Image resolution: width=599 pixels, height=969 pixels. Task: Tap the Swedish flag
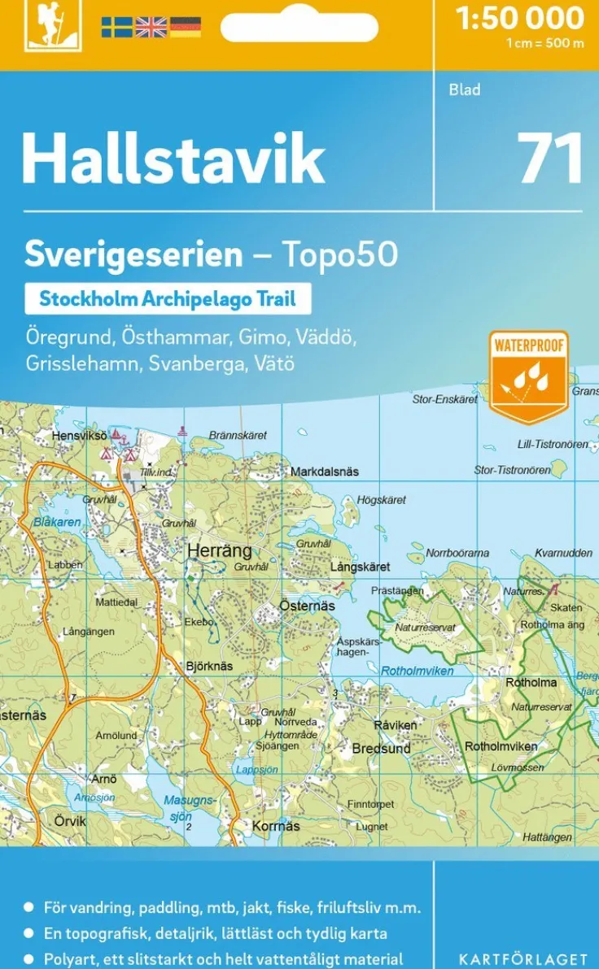point(116,28)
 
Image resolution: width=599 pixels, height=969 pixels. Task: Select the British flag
point(151,28)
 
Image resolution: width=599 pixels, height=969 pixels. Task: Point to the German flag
point(185,28)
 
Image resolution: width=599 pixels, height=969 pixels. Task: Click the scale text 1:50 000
point(520,18)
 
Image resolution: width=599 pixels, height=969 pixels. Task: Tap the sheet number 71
point(550,159)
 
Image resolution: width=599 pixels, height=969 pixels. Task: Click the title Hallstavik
point(173,159)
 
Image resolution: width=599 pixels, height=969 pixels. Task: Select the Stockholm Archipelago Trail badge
point(168,298)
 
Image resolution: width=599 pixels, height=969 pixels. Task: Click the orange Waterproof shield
point(528,376)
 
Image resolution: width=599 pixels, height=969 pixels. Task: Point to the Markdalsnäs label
point(325,471)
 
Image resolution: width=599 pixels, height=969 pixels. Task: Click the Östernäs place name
point(307,606)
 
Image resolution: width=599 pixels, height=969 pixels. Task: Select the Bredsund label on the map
point(381,748)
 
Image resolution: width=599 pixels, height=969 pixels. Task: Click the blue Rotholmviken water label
point(418,671)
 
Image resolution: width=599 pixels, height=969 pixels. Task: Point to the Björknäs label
point(209,666)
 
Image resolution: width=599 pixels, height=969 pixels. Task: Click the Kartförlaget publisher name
point(522,959)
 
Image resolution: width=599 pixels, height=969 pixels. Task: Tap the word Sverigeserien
point(133,255)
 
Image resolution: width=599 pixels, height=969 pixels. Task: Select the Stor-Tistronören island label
point(512,470)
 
